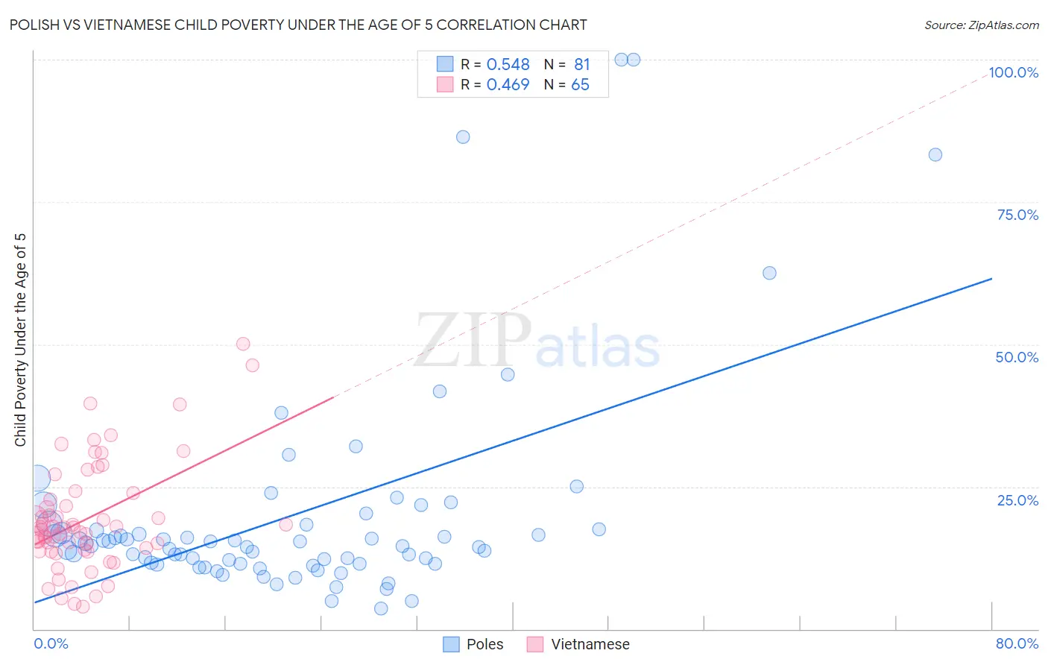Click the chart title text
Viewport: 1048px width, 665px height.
[x=298, y=25]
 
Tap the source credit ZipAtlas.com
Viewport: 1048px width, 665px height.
[x=981, y=25]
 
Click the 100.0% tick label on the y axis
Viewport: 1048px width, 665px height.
[x=1013, y=72]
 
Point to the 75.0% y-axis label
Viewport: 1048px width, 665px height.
[x=1017, y=215]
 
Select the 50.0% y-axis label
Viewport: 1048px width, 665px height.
[x=1017, y=357]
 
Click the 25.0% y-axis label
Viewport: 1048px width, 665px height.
[x=1017, y=499]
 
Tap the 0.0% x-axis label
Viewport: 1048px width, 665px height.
[x=51, y=643]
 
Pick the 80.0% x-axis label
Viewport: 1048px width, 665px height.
[x=1017, y=643]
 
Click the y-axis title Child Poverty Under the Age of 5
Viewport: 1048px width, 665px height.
[x=20, y=340]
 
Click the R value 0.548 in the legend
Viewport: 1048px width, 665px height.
[x=508, y=65]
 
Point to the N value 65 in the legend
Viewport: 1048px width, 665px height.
[x=580, y=85]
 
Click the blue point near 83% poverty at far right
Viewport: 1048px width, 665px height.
[x=935, y=155]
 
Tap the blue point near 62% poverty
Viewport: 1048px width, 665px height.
[x=769, y=273]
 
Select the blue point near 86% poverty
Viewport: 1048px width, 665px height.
[x=463, y=137]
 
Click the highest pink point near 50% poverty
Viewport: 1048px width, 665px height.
[x=243, y=344]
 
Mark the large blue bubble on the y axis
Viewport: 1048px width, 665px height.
[x=37, y=477]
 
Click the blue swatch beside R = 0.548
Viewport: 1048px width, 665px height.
[x=445, y=64]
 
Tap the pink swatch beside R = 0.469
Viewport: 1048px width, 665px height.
[x=445, y=84]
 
